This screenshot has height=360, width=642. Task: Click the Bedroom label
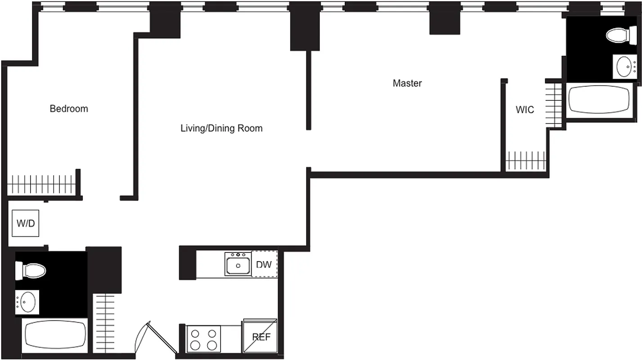[69, 108]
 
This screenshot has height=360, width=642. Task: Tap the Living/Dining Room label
[221, 128]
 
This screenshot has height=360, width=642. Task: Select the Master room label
[407, 83]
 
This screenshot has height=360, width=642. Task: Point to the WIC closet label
[524, 109]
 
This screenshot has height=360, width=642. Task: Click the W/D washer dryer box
[26, 223]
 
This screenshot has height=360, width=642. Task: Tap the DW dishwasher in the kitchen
[264, 265]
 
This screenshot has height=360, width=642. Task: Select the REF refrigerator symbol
[261, 336]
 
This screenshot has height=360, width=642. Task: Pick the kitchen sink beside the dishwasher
[238, 265]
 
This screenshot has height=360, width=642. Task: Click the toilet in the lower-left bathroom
[31, 271]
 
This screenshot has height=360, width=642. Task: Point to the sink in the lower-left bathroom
[27, 302]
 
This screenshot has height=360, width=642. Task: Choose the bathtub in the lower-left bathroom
[55, 336]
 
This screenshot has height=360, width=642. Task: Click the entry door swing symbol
[153, 337]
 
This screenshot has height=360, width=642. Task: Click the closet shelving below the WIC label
[526, 161]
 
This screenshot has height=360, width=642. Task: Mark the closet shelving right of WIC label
[554, 104]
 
